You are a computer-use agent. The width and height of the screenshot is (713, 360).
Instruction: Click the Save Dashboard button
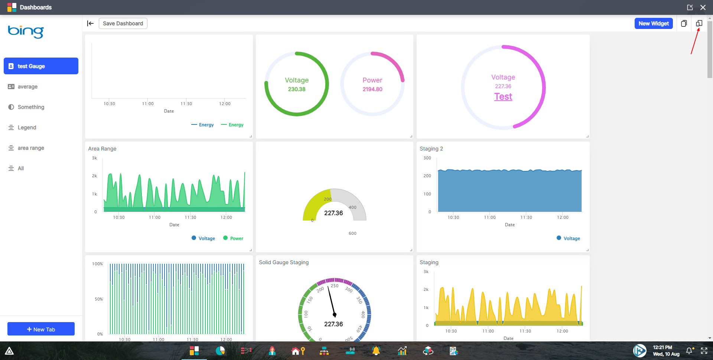(x=123, y=23)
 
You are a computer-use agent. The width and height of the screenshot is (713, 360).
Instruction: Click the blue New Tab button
(x=41, y=329)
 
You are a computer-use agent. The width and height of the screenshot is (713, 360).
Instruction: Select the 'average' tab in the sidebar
(x=27, y=87)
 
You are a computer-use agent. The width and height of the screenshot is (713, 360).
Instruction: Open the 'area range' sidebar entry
(x=31, y=148)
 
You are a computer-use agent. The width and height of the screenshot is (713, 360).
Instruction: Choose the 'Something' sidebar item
(x=31, y=107)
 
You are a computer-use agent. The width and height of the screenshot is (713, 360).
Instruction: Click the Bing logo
(x=26, y=31)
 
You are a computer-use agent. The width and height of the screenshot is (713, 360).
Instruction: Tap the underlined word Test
(x=503, y=97)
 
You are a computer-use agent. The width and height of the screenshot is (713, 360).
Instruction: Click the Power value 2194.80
(x=372, y=89)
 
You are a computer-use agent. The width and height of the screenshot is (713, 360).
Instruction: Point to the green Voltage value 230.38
(x=296, y=89)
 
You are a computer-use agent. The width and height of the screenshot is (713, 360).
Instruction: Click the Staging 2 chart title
(x=431, y=149)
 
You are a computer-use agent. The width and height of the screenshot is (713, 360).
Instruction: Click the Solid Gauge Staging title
(x=284, y=262)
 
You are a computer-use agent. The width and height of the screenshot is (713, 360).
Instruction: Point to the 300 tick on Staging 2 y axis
(x=427, y=158)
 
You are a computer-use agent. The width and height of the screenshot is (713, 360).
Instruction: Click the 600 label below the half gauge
(x=352, y=233)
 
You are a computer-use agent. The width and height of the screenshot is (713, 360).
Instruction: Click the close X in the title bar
(x=703, y=7)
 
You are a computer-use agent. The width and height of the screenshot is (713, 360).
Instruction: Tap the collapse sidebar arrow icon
(x=90, y=23)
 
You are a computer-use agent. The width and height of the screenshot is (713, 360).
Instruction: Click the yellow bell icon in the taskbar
(x=376, y=351)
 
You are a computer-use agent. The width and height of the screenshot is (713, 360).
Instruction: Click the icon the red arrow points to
(x=699, y=23)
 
